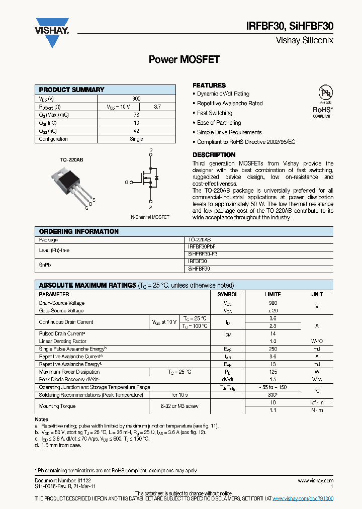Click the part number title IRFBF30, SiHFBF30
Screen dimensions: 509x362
click(290, 27)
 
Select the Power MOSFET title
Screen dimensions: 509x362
click(184, 59)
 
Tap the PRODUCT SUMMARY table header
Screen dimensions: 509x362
click(72, 90)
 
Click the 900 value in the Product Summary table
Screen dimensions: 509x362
click(136, 99)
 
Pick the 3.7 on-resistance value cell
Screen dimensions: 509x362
click(157, 107)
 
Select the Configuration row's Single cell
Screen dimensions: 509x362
click(136, 139)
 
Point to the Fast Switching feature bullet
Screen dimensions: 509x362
click(215, 113)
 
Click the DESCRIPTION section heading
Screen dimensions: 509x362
click(214, 155)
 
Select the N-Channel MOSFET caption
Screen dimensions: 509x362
click(150, 216)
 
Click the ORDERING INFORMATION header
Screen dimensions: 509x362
click(79, 231)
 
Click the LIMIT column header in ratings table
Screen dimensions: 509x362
click(273, 294)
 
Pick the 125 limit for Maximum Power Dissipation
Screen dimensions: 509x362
click(273, 372)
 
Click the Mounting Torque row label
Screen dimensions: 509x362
click(57, 406)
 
